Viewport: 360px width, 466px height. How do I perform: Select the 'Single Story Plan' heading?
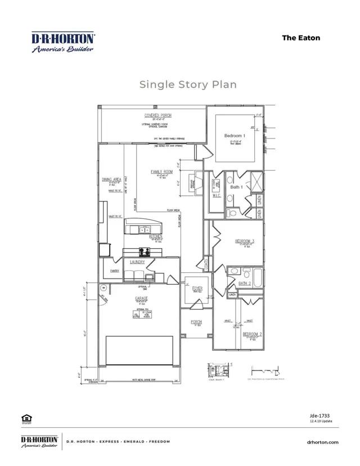pyautogui.click(x=188, y=84)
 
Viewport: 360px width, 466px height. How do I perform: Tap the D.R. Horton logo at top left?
pyautogui.click(x=62, y=42)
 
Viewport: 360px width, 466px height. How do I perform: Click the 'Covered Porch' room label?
pyautogui.click(x=158, y=115)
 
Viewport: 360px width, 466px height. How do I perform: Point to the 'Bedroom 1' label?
pyautogui.click(x=233, y=136)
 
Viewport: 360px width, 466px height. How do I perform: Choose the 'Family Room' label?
pyautogui.click(x=161, y=171)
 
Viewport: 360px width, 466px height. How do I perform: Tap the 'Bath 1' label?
pyautogui.click(x=237, y=187)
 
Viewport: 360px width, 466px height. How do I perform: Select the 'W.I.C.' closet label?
pyautogui.click(x=217, y=196)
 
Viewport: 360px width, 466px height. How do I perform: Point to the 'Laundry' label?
pyautogui.click(x=138, y=262)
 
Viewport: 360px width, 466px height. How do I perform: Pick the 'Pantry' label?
pyautogui.click(x=115, y=271)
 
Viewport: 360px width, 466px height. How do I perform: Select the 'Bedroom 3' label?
pyautogui.click(x=245, y=241)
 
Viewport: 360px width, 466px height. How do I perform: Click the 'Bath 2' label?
pyautogui.click(x=244, y=283)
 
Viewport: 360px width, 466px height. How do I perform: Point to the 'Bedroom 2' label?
pyautogui.click(x=251, y=334)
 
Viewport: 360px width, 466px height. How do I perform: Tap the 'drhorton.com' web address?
pyautogui.click(x=323, y=442)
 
